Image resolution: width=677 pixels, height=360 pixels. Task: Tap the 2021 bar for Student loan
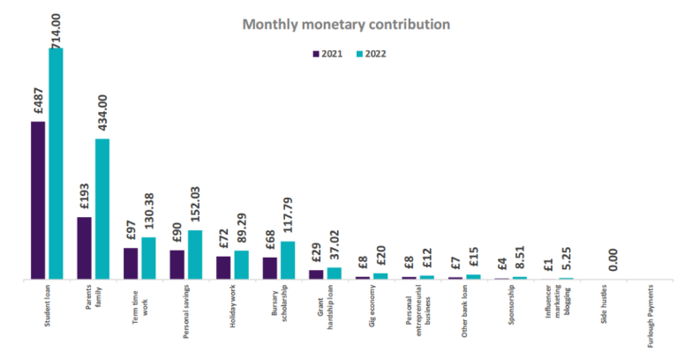click(x=38, y=200)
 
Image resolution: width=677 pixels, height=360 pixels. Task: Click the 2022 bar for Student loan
click(x=56, y=163)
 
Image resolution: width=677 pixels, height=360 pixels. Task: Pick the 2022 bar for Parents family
click(x=102, y=209)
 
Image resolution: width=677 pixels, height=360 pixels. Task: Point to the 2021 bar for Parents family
click(x=85, y=248)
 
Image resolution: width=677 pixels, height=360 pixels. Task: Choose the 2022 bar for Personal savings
click(x=195, y=255)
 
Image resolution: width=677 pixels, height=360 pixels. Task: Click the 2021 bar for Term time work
click(x=131, y=264)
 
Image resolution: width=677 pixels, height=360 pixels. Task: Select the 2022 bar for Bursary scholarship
click(x=288, y=260)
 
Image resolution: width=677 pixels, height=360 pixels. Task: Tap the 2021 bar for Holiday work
click(x=223, y=268)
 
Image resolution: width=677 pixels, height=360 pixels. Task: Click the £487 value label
click(x=38, y=100)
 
